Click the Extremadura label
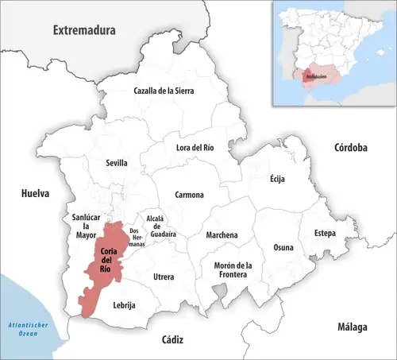(x=84, y=30)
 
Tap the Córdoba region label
(x=350, y=148)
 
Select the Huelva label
(x=36, y=193)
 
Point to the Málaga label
(x=350, y=327)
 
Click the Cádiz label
(x=172, y=339)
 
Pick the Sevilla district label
(x=117, y=163)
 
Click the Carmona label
(x=189, y=195)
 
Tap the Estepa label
(x=325, y=233)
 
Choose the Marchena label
(x=222, y=235)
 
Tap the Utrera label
(x=164, y=276)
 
